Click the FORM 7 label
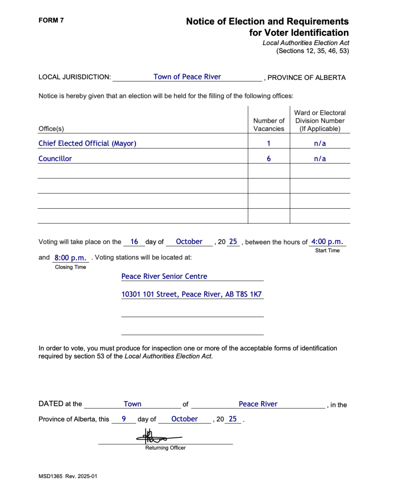[51, 20]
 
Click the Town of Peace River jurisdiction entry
[187, 77]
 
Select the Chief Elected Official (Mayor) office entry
[88, 143]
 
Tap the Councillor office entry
[55, 159]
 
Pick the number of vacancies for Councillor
[269, 159]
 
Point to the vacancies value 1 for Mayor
[269, 143]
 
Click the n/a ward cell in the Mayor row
[320, 143]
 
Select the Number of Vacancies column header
[269, 125]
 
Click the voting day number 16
[134, 242]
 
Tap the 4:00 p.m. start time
[327, 242]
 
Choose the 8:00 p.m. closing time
[70, 258]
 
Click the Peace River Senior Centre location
[164, 277]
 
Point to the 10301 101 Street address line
[192, 295]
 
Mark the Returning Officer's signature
[158, 436]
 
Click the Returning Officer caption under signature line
[165, 448]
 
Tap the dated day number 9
[124, 419]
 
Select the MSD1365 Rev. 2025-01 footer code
[68, 476]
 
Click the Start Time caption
[327, 251]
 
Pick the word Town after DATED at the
[133, 404]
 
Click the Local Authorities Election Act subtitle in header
[305, 43]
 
